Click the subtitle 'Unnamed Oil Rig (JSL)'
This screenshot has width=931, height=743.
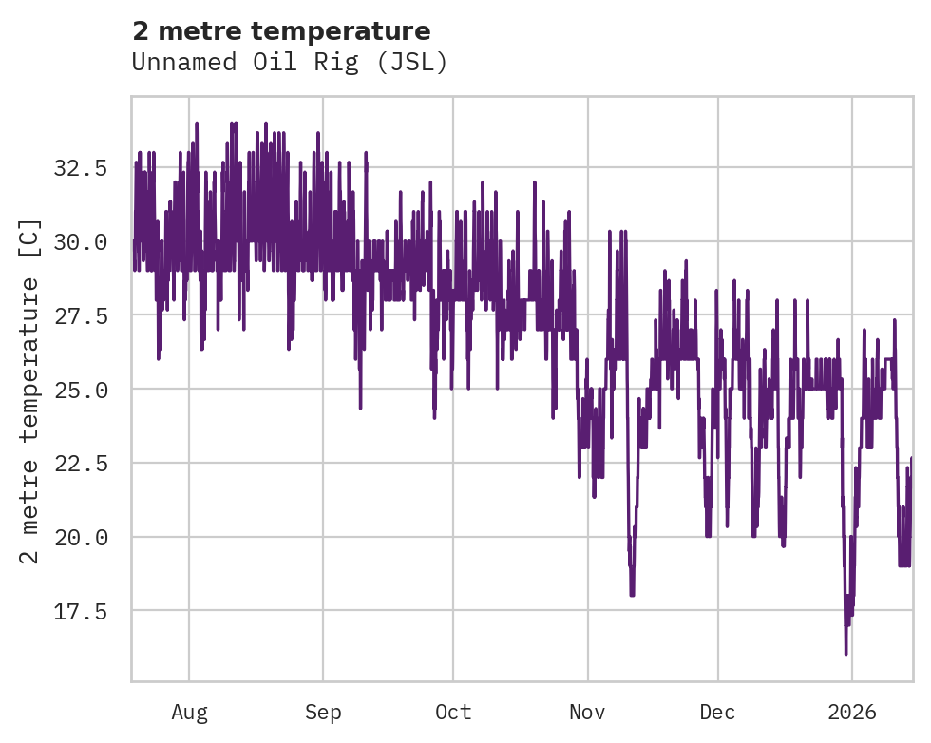289,62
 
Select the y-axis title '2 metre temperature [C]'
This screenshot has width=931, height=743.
30,391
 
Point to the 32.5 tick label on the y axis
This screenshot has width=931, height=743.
81,168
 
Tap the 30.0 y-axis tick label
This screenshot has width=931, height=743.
81,242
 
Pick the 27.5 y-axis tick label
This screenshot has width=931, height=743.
81,315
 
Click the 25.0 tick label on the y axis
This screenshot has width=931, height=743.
81,390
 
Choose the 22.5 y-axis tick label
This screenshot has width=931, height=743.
81,464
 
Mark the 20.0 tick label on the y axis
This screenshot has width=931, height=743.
81,537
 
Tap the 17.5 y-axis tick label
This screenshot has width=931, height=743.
81,611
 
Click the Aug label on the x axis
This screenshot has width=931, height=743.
189,713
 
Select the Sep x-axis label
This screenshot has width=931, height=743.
323,713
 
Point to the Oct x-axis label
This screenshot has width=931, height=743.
453,713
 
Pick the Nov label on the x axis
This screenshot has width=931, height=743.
588,713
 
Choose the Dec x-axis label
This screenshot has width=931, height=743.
718,713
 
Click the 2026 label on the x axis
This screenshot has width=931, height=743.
852,713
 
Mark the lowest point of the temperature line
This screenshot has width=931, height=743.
845,654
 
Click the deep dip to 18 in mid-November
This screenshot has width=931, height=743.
632,595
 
